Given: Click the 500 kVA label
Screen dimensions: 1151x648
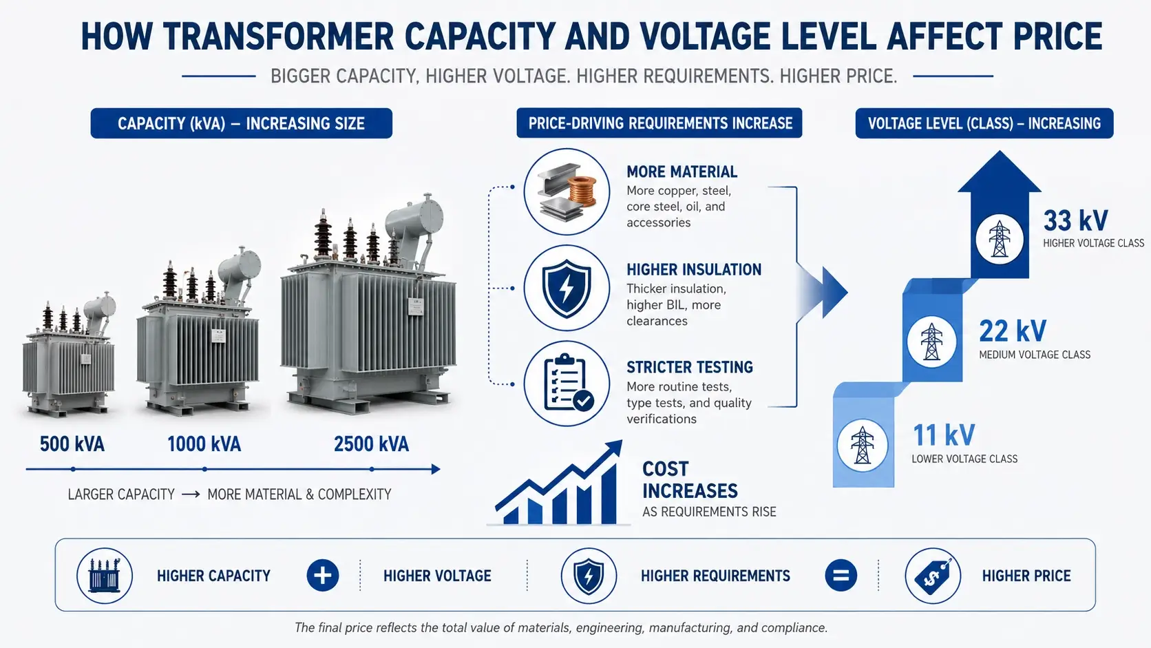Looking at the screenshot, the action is [72, 444].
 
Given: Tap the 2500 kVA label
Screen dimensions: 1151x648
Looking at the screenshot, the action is [372, 444].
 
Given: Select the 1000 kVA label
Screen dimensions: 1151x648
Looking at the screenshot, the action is [204, 444].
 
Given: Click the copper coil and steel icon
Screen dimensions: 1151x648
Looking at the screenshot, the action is [567, 191].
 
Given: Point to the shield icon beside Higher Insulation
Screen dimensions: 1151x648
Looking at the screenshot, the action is [567, 289].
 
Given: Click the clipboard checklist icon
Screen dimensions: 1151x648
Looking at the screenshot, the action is [567, 384].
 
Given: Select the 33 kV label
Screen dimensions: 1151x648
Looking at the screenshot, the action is [1075, 220].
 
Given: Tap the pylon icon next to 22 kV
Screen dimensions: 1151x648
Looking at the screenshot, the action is [931, 341].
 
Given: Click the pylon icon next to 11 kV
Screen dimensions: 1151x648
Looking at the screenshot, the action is [863, 445].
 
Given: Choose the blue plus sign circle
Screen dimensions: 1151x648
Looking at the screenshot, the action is [323, 575].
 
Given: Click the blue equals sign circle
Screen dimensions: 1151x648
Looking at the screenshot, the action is [841, 575].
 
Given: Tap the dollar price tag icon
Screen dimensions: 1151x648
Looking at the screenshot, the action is [933, 576].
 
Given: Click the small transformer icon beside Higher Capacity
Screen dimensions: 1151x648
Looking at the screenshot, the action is [105, 576].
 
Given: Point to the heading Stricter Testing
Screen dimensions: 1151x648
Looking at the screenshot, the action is [690, 368].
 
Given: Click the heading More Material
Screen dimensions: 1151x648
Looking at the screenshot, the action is [682, 171].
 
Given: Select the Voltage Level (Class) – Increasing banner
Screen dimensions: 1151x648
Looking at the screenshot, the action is [984, 123].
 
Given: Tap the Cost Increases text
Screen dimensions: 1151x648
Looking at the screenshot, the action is [690, 480].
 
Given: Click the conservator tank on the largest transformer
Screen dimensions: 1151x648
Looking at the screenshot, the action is [414, 219].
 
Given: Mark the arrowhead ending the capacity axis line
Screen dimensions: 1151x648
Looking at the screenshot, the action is [436, 469].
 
